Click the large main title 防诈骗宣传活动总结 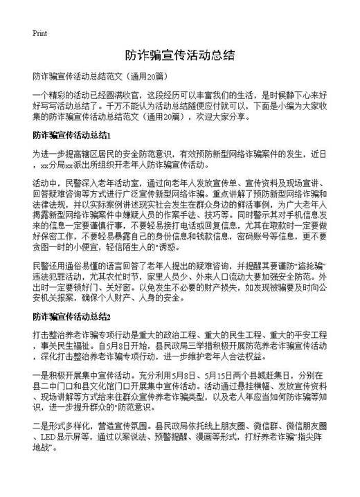click(x=179, y=55)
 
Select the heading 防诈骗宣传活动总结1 click(x=72, y=133)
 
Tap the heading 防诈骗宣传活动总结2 click(x=72, y=316)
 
